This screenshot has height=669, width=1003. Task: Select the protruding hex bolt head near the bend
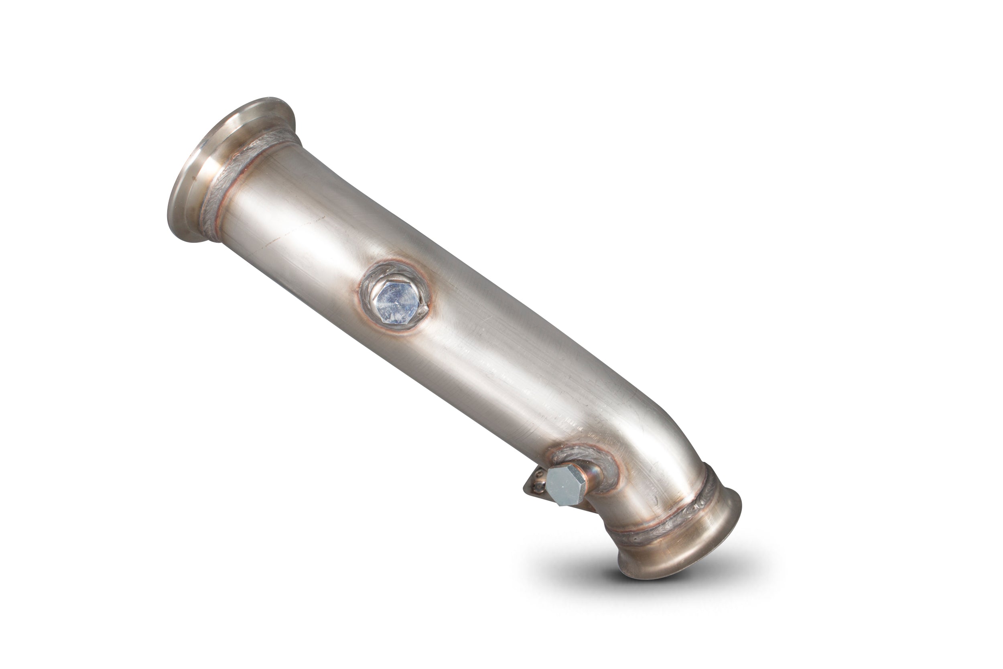pyautogui.click(x=565, y=486)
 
